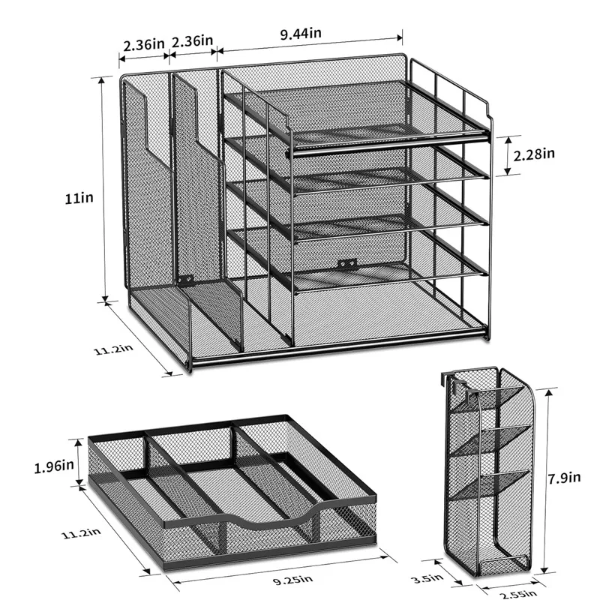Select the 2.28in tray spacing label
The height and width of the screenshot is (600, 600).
pos(533,155)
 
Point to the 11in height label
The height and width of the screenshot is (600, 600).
pos(78,199)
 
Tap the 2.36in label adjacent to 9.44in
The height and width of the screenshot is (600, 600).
pos(193,43)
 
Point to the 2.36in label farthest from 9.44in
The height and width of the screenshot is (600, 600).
pos(142,43)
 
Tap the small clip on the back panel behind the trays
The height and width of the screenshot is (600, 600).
pos(344,265)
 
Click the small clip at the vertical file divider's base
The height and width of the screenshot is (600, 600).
pos(185,280)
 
